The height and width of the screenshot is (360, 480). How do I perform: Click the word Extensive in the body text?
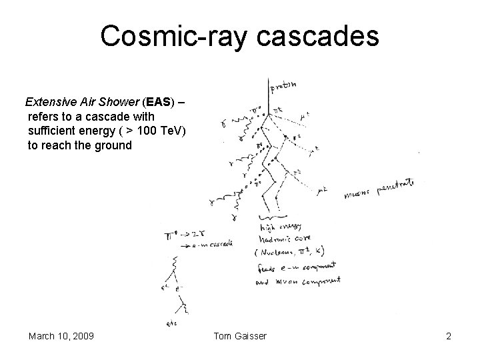click(49, 103)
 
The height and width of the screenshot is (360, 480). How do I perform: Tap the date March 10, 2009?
click(61, 336)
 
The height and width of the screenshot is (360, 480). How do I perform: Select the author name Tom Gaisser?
click(241, 336)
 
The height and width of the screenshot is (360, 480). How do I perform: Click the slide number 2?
click(449, 336)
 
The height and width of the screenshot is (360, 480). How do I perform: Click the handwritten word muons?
click(359, 195)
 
